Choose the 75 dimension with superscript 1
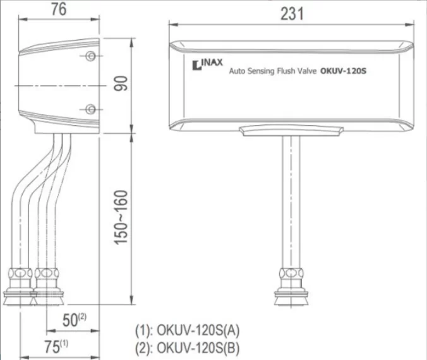pos(59,346)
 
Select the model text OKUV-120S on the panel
pos(344,71)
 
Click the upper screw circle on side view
pos(91,56)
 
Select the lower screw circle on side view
pos(91,109)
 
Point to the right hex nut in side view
pos(45,274)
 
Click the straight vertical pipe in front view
pos(291,202)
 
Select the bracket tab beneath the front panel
pos(291,131)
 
